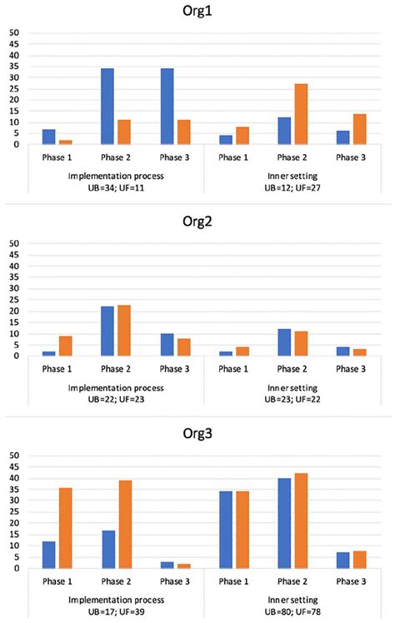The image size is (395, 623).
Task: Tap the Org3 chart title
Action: [197, 436]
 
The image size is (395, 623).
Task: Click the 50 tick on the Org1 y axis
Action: [13, 33]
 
